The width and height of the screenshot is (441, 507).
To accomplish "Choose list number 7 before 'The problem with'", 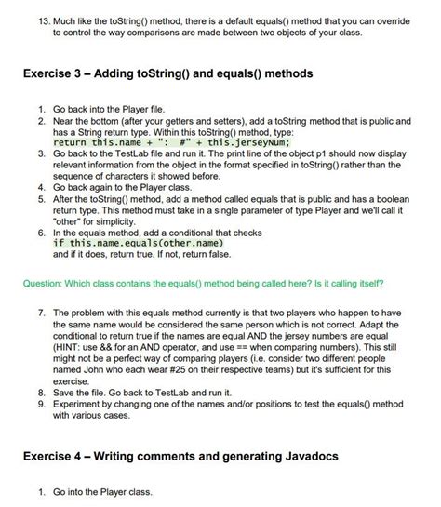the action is [41, 313].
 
